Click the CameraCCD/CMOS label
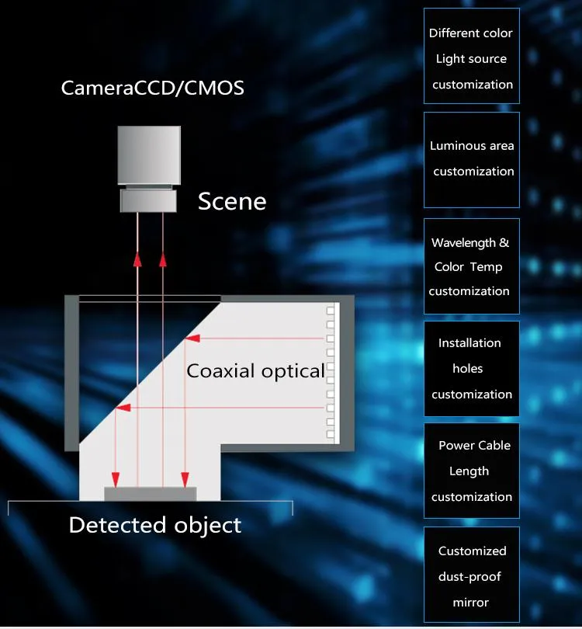pos(152,89)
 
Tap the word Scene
pos(232,201)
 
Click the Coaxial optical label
pos(255,371)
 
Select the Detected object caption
pos(155,525)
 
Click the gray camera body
pos(149,155)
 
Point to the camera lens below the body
pos(148,200)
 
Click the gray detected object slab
pos(151,494)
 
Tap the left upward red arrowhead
pos(137,259)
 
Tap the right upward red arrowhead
pos(163,259)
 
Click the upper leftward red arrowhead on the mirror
pos(192,339)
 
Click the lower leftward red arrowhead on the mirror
pos(123,408)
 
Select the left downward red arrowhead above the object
pos(116,480)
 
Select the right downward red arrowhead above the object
pos(185,480)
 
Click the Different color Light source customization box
pos(472,56)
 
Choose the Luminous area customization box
pos(472,160)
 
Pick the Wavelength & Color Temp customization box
pos(472,266)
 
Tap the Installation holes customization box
pos(472,369)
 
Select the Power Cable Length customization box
pos(472,471)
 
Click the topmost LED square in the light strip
pos(331,311)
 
